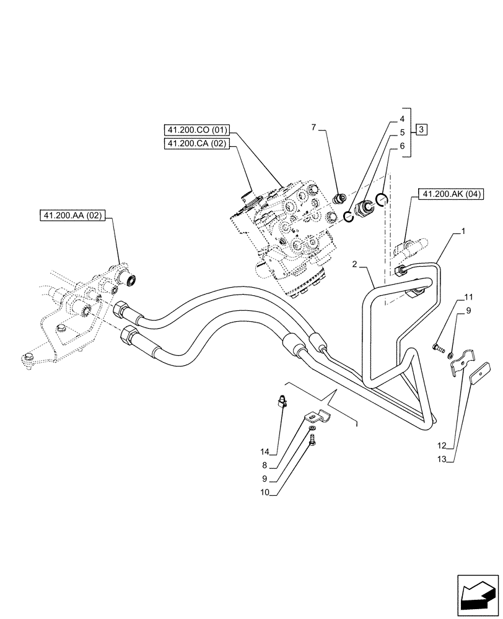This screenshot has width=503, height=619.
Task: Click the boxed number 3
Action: pos(421,130)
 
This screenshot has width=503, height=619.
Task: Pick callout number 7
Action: pos(314,127)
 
